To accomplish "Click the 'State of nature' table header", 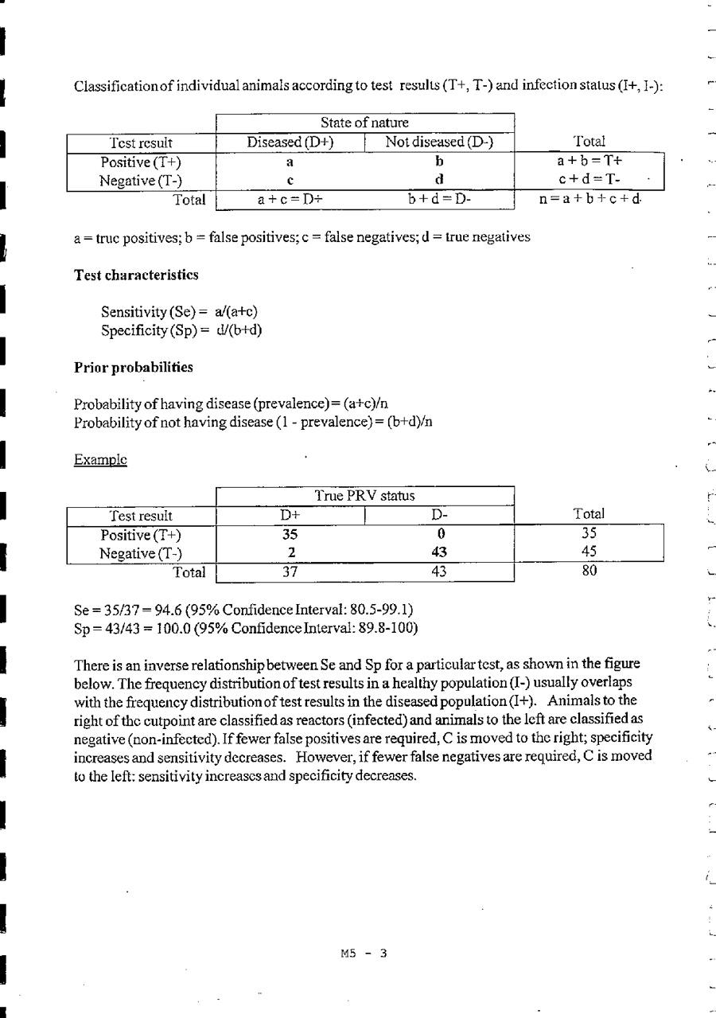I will (x=364, y=123).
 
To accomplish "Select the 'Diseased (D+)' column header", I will (x=290, y=142).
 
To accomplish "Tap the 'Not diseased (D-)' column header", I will (x=439, y=142).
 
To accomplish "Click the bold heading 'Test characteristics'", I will (x=136, y=275).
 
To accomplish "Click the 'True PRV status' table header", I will (x=364, y=496).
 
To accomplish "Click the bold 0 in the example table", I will (x=439, y=534).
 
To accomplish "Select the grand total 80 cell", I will (x=589, y=571).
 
